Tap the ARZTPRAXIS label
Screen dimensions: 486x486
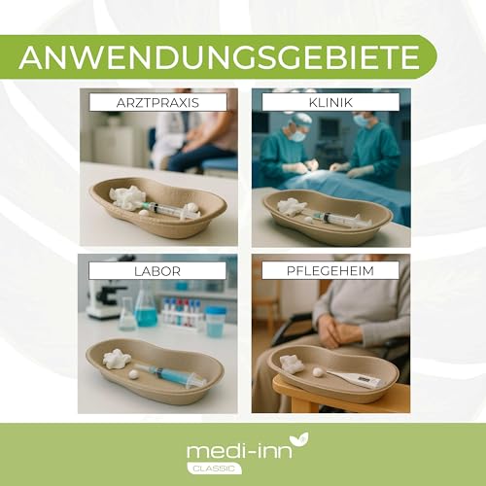(156, 101)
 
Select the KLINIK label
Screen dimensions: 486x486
(330, 101)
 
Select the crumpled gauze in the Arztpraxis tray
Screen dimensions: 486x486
(126, 198)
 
